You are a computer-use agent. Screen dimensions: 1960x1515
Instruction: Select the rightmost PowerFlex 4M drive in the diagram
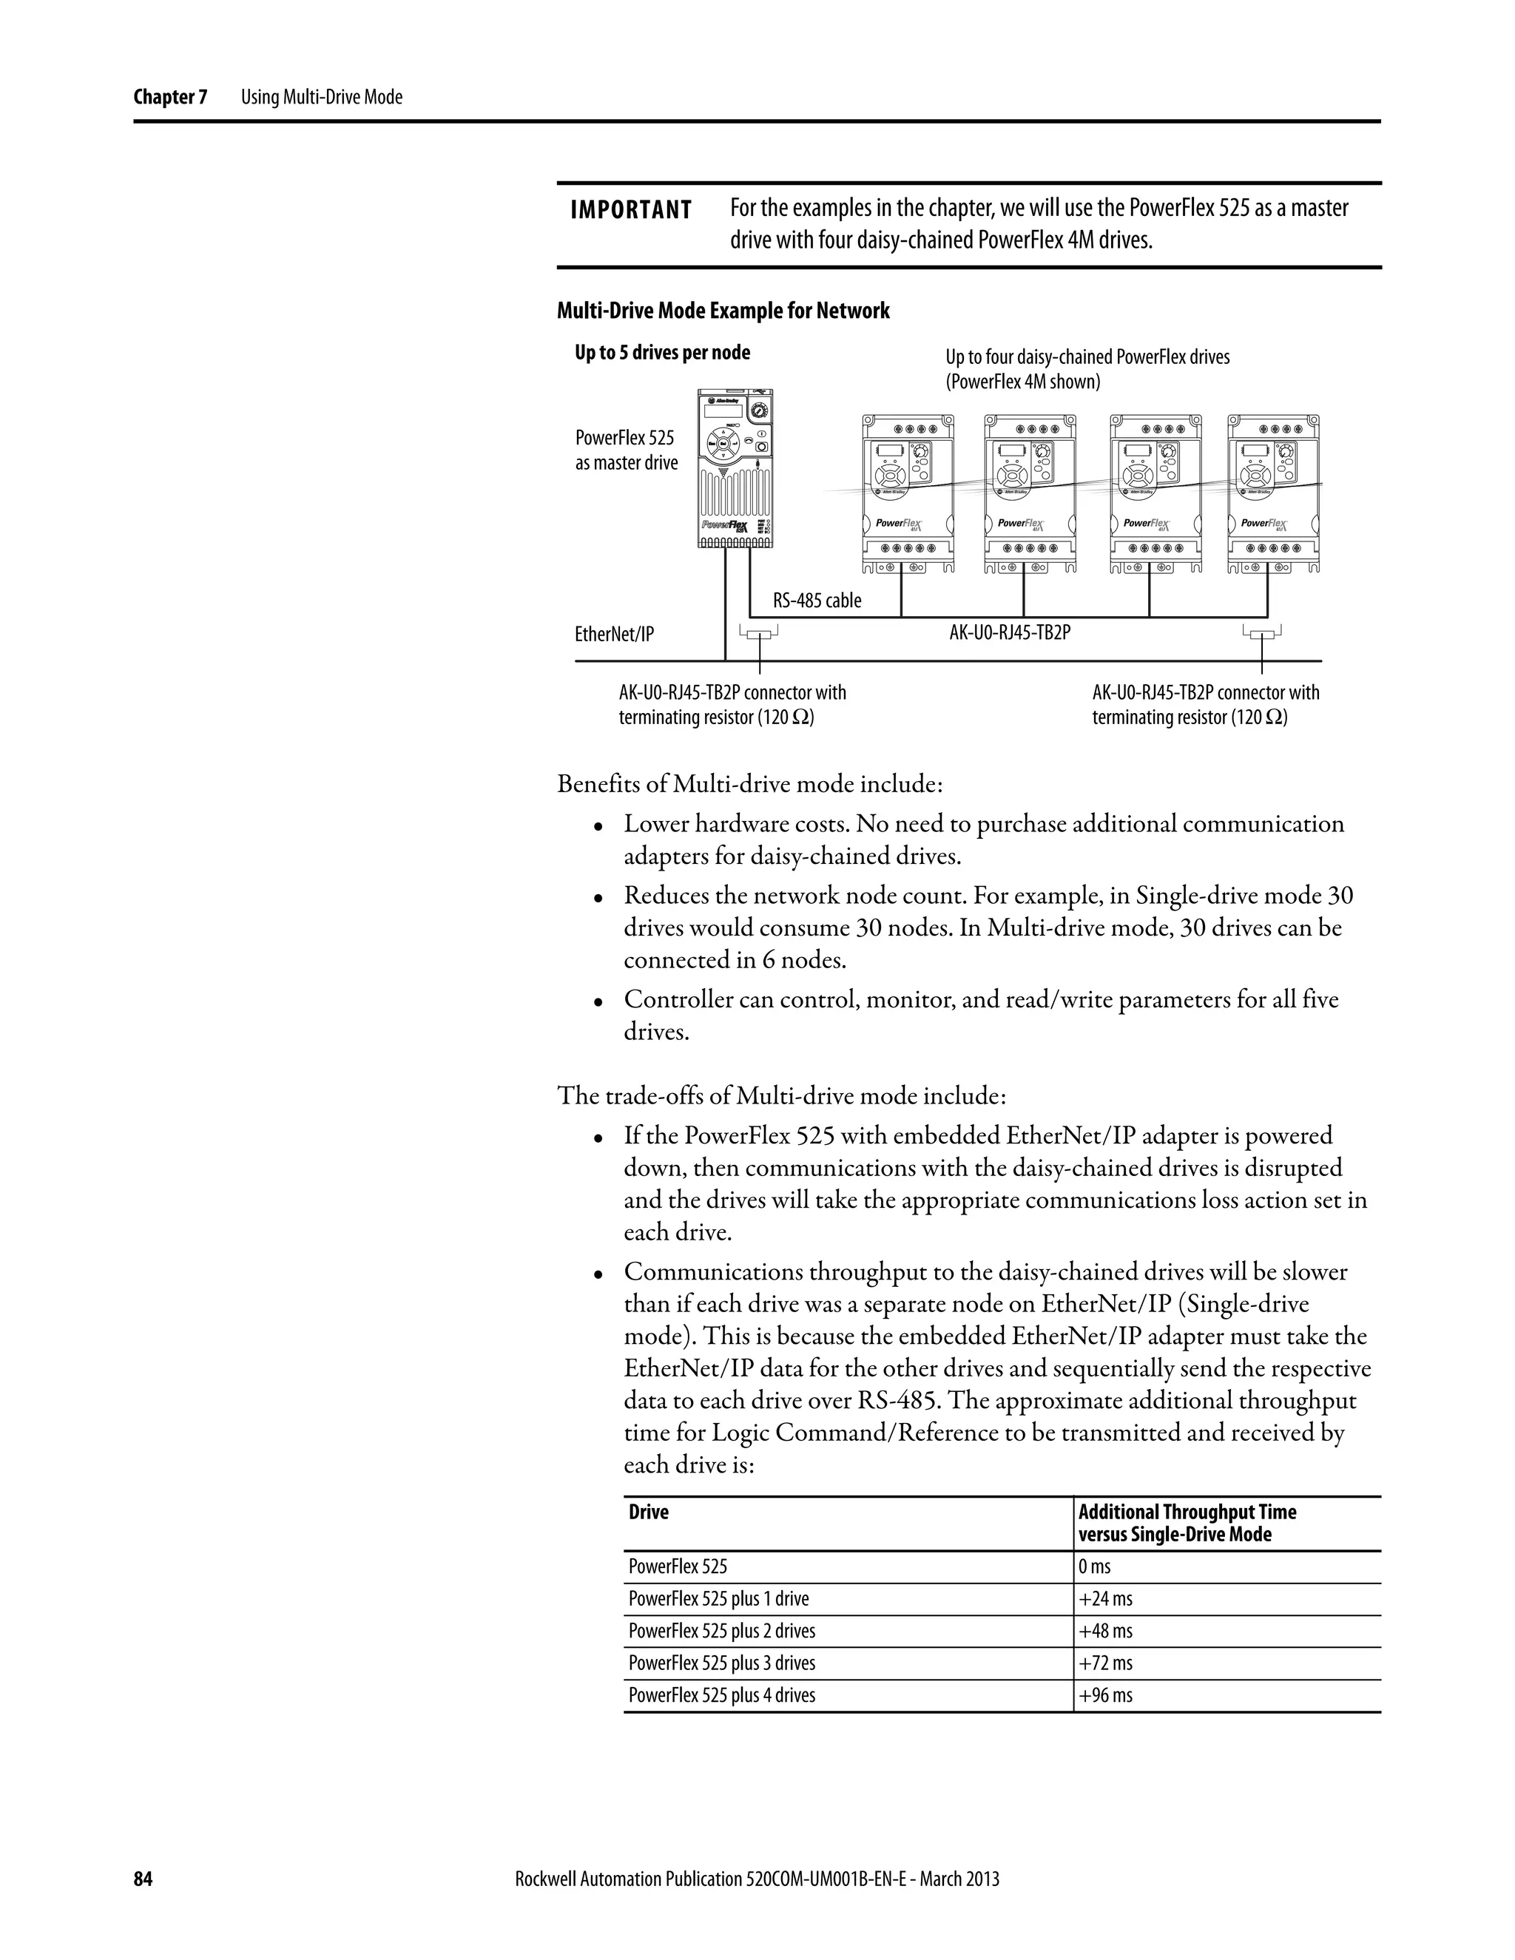[x=1274, y=493]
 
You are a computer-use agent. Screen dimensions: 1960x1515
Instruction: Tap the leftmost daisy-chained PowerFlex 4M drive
[x=908, y=493]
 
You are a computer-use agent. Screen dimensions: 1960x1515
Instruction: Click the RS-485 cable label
[x=817, y=601]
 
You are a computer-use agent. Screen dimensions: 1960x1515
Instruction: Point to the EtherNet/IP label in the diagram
[x=614, y=635]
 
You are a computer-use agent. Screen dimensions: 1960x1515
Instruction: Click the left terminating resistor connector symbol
[x=759, y=635]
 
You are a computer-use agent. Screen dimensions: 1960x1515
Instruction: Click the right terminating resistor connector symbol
[x=1262, y=635]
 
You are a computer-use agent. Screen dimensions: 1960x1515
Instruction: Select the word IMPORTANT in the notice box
[x=631, y=210]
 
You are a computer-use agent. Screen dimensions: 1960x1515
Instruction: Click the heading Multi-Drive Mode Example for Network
[x=723, y=311]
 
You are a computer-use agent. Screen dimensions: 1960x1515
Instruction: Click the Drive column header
[x=648, y=1513]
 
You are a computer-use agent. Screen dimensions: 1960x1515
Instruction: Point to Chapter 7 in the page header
[x=169, y=97]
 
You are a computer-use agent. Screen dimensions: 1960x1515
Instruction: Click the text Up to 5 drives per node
[x=662, y=353]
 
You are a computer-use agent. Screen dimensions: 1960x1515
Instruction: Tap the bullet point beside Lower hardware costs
[x=598, y=825]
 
